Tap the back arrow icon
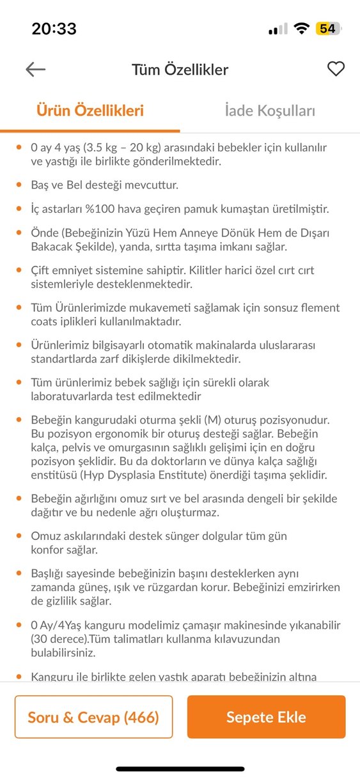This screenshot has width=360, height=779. click(35, 70)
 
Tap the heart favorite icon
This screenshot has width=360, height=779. click(336, 69)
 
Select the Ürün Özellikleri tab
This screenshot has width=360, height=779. click(90, 111)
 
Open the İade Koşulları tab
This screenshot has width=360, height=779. click(270, 111)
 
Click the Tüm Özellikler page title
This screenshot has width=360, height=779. click(180, 70)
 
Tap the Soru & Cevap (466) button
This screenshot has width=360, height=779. click(93, 717)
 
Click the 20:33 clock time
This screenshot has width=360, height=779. click(54, 29)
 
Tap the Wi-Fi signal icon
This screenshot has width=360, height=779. click(301, 29)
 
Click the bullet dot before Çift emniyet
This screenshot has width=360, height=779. click(19, 270)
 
